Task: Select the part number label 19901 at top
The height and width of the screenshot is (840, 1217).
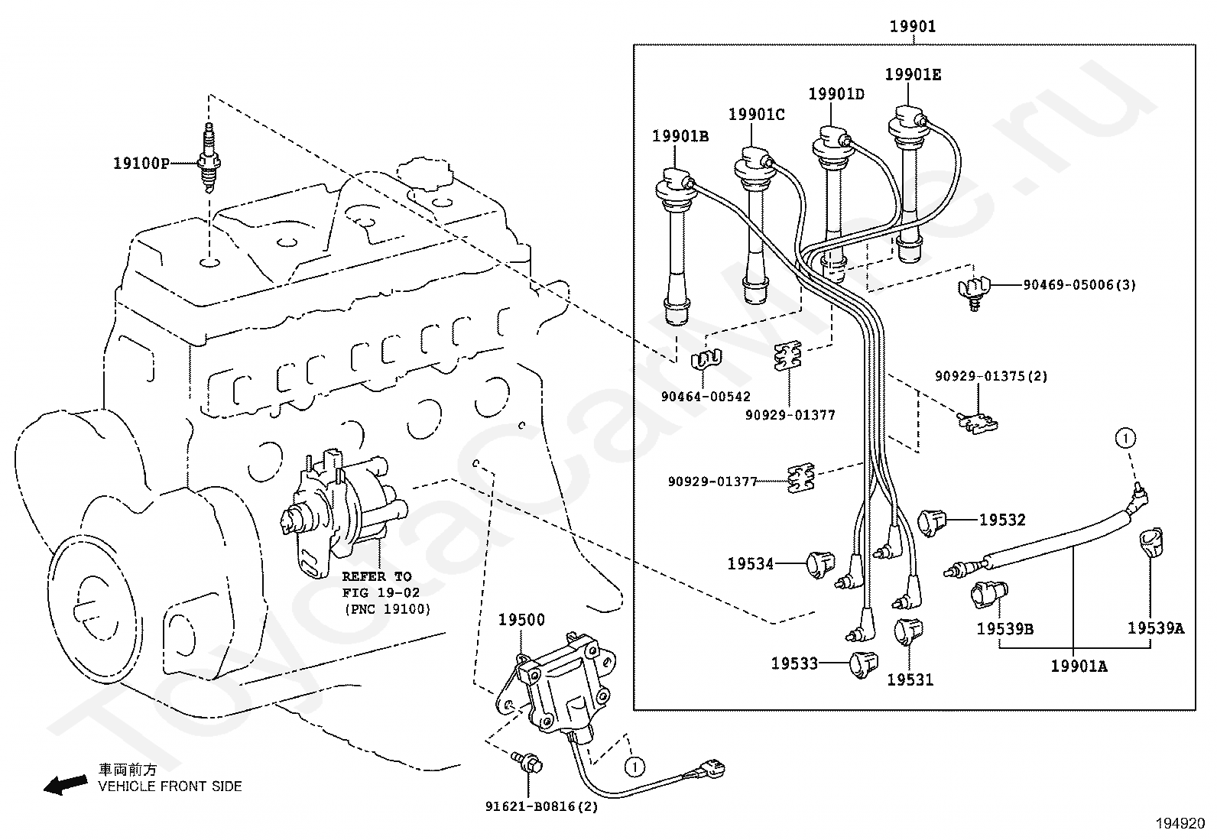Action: point(912,27)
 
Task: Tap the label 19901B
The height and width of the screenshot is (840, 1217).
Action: point(680,136)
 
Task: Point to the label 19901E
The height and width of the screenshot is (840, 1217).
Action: point(913,74)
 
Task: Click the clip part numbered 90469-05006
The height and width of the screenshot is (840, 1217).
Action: point(973,290)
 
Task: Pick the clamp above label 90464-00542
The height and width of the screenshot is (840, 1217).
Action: point(708,358)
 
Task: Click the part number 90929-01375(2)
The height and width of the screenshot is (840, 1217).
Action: point(991,376)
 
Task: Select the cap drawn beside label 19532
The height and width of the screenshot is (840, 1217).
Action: point(931,522)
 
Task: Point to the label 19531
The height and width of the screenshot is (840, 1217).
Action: point(910,679)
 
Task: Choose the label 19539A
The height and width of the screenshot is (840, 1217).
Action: point(1155,628)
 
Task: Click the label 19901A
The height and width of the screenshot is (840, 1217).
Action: point(1078,666)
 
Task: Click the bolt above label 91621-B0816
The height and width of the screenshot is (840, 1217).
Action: point(528,762)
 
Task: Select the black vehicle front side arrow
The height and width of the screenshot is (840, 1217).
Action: point(65,784)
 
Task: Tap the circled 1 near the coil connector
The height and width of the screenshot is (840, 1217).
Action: point(634,765)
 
